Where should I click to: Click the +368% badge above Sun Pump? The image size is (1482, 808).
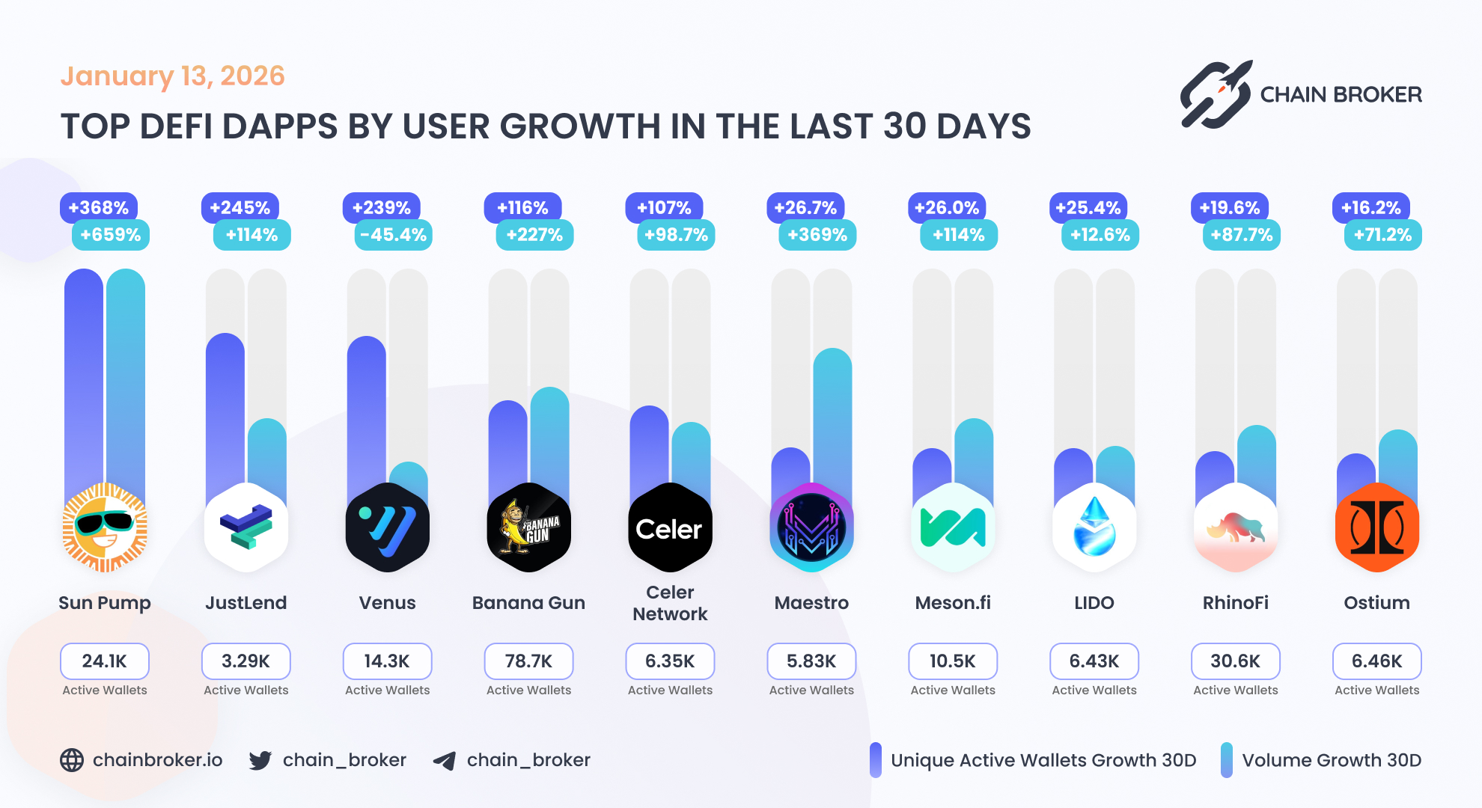point(99,207)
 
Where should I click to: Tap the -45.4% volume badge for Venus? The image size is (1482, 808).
point(393,235)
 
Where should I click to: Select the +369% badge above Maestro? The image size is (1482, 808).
point(817,235)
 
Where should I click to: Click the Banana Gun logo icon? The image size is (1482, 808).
point(528,527)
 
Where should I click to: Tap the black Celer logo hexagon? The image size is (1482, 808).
point(670,527)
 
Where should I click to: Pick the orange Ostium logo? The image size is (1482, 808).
point(1376,527)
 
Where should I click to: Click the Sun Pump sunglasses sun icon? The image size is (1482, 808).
point(105,527)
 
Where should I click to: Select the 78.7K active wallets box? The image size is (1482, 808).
point(528,661)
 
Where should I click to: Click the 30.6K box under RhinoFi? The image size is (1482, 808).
point(1235,661)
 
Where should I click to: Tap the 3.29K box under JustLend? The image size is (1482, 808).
point(246,661)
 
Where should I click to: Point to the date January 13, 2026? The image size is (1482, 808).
point(172,76)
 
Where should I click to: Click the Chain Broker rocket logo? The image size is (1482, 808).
point(1216,95)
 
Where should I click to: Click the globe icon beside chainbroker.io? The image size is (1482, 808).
point(72,760)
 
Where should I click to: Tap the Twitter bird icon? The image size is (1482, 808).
point(260,760)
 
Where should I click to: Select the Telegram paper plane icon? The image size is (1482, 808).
point(445,761)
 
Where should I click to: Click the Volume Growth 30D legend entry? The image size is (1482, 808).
point(1322,760)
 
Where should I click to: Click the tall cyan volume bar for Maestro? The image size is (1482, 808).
point(832,419)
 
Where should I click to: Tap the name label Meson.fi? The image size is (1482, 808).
point(953,603)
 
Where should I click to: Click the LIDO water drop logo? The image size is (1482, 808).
point(1094,527)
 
